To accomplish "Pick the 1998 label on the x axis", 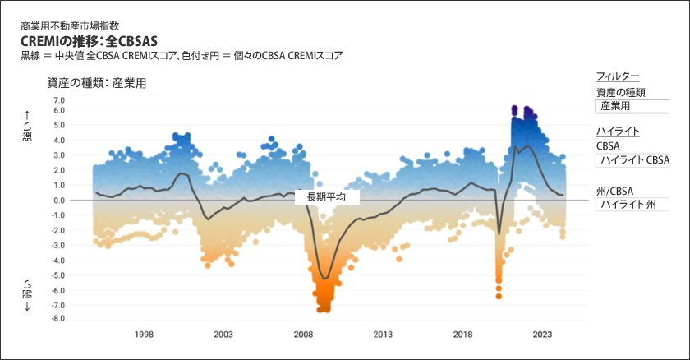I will (x=144, y=335).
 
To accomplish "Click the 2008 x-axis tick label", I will (x=303, y=335).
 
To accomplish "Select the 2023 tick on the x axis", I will (x=542, y=335).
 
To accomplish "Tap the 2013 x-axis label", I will (x=383, y=335).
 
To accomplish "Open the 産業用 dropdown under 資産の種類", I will (x=632, y=106).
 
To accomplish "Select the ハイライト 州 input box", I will (x=632, y=205).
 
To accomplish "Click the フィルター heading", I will (x=618, y=76).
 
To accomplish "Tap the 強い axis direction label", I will (x=26, y=127).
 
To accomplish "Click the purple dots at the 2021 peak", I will (x=514, y=110).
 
